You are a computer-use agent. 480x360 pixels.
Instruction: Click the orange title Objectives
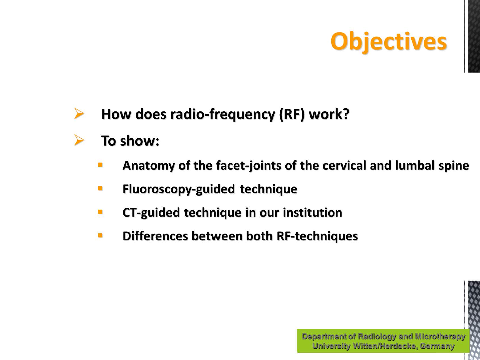389,41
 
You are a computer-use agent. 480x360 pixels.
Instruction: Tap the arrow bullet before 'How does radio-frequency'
79,113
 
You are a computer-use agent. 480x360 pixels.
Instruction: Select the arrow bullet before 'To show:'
79,140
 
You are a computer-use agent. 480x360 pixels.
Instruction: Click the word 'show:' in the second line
140,141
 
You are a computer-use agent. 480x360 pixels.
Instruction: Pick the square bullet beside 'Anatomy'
100,164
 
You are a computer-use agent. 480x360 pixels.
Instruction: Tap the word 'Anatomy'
148,166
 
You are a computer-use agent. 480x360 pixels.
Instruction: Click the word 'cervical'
344,166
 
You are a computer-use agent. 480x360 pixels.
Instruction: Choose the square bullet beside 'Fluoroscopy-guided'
100,188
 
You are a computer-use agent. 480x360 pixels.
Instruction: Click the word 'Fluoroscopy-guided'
179,189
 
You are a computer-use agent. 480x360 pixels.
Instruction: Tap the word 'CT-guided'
151,213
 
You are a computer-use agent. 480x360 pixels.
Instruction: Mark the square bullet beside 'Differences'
100,235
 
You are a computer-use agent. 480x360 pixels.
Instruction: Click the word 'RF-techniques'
317,236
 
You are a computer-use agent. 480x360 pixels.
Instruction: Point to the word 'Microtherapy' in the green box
440,336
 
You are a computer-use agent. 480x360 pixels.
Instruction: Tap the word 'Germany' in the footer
437,346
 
